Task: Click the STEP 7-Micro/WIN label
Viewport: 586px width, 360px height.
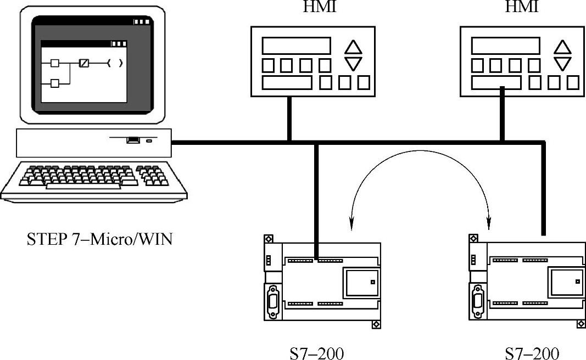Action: coord(99,240)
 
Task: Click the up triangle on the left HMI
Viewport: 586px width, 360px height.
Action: coord(353,47)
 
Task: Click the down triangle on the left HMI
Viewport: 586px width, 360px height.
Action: coord(353,64)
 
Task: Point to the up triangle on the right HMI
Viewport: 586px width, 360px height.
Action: coord(562,47)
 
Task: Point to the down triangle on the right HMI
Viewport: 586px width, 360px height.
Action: coord(562,63)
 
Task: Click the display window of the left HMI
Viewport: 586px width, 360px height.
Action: coord(296,46)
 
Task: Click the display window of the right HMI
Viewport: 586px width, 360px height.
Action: coord(505,46)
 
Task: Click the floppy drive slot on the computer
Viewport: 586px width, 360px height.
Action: coord(133,140)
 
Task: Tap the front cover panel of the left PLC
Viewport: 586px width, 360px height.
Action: coord(361,282)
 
